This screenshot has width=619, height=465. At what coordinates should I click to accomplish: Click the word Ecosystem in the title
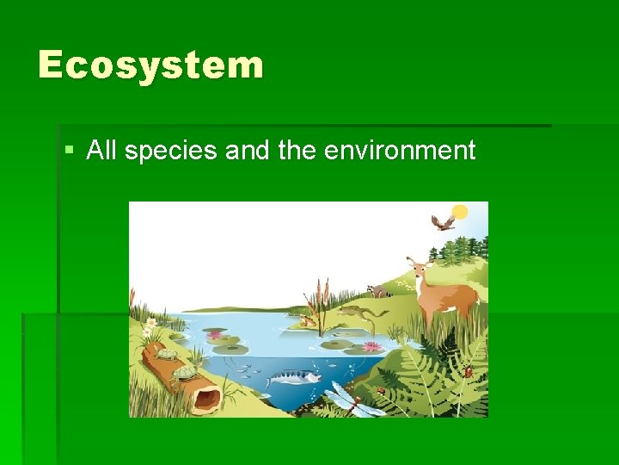point(150,65)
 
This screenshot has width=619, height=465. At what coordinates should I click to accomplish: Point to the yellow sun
point(460,212)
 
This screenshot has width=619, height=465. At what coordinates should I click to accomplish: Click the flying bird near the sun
point(443,223)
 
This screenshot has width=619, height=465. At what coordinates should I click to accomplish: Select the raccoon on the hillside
point(376,291)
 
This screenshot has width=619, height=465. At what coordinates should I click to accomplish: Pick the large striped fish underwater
point(291,378)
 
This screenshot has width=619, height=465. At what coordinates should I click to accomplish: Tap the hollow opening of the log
point(207,398)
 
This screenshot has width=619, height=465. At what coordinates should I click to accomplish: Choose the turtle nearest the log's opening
point(184,373)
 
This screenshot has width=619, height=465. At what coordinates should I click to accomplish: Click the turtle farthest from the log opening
point(166,353)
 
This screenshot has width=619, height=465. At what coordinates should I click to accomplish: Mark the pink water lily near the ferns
point(371,346)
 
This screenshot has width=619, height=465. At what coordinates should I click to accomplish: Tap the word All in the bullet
point(101,151)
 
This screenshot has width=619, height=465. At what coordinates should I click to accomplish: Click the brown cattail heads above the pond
point(321,290)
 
